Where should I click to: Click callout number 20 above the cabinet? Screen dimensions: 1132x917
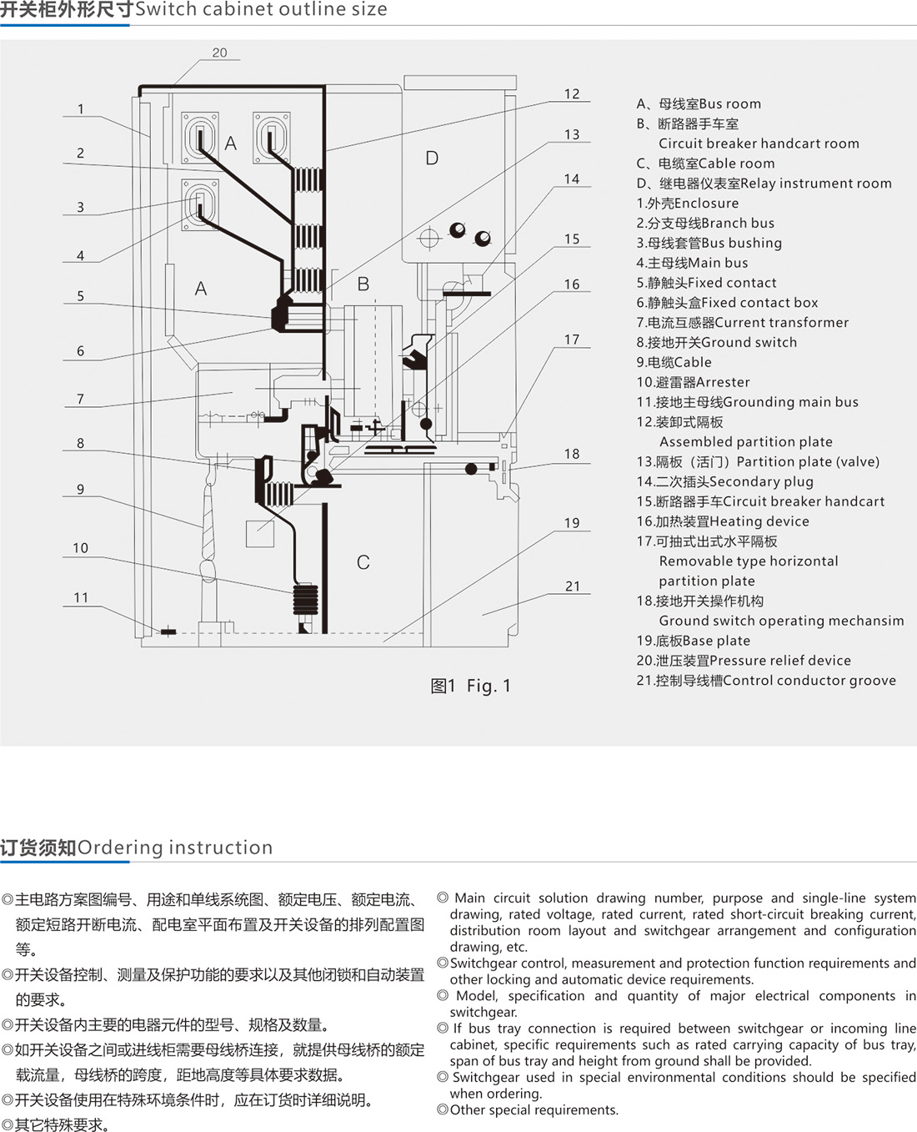point(219,53)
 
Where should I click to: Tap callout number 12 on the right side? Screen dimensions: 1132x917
point(571,94)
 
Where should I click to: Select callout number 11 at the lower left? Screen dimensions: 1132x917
point(81,597)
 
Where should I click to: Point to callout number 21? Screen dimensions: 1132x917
point(572,586)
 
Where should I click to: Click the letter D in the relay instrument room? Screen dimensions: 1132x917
point(432,158)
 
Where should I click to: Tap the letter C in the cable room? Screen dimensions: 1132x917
point(363,562)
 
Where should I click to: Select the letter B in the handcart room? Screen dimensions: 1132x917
point(363,284)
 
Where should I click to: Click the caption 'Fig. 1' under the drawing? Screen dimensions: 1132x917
point(488,686)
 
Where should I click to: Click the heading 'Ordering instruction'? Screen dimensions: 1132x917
point(175,848)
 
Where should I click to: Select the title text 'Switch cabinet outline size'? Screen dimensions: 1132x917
point(261,10)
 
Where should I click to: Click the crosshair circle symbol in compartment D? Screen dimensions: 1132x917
point(428,239)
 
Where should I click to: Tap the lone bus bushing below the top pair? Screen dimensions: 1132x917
point(201,204)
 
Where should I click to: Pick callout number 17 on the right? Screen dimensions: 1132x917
point(571,340)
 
